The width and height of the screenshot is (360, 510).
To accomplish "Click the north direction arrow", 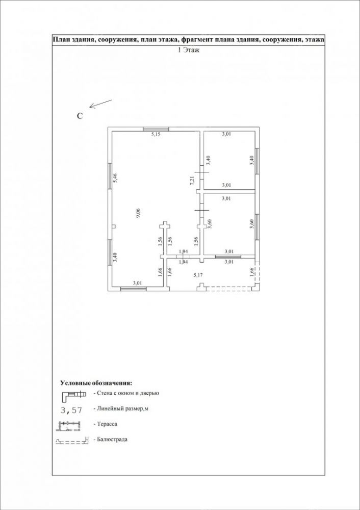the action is [101, 104].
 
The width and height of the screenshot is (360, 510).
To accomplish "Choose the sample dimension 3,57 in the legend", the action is [71, 410].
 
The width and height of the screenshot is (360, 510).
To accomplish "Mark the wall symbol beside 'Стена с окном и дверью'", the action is [74, 395].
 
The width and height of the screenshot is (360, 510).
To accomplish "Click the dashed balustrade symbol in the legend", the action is [72, 441].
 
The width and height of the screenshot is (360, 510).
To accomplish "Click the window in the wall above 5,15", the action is [156, 129].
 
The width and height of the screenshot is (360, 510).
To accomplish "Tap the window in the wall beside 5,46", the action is [110, 175].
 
